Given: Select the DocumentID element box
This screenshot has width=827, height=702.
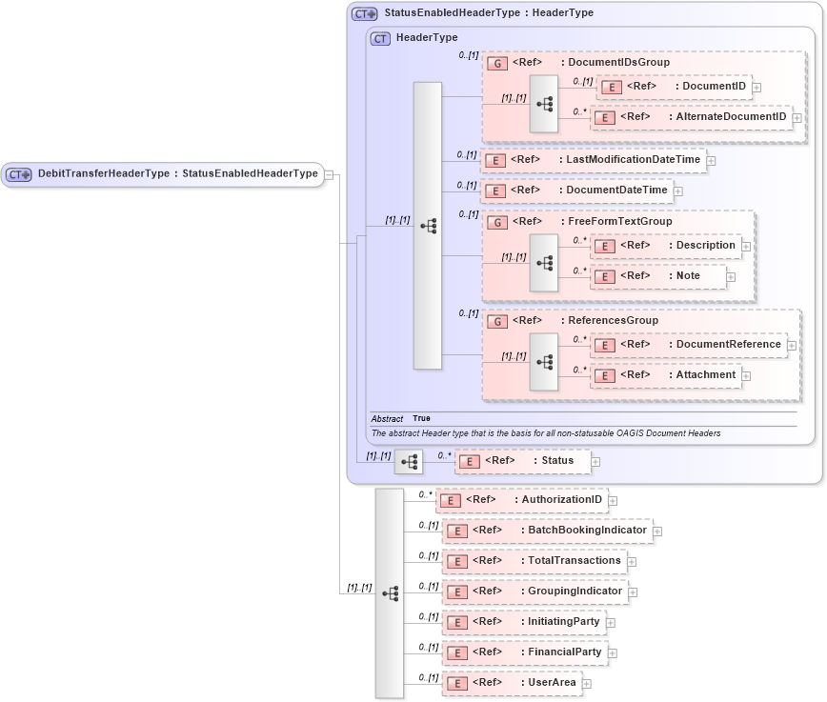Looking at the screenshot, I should click(674, 87).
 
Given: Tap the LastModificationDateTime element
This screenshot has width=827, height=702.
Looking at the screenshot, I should click(593, 160).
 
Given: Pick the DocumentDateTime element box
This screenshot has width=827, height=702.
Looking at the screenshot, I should click(575, 191).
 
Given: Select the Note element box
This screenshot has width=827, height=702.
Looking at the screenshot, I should click(657, 276).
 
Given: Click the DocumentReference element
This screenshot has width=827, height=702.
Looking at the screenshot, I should click(688, 345).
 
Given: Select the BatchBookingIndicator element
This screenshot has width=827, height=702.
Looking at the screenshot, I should click(547, 531).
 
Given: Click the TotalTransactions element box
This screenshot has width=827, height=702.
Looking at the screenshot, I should click(535, 561).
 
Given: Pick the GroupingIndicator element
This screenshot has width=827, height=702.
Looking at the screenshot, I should click(535, 592).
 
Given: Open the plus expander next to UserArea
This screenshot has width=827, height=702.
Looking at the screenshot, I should click(587, 683).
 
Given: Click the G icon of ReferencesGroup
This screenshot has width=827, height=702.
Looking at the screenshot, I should click(496, 322).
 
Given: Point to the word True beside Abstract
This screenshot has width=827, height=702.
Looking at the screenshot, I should click(421, 419).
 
